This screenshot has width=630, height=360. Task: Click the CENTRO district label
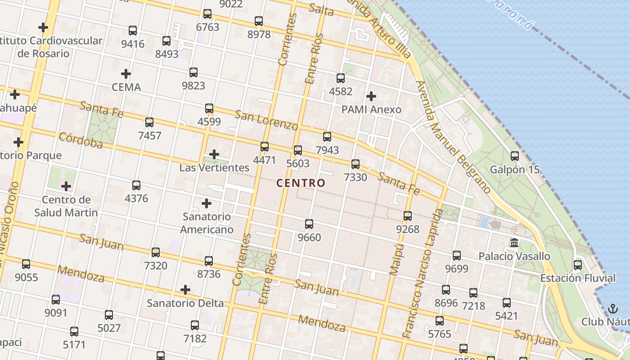(x=300, y=183)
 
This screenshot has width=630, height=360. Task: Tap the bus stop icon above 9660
(x=309, y=224)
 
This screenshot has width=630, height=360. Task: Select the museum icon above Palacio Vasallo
(x=514, y=243)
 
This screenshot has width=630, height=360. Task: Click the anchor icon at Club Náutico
(x=612, y=309)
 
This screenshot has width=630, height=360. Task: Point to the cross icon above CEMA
(x=126, y=74)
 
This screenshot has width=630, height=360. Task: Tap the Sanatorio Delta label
(x=185, y=303)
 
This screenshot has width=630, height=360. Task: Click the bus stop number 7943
(x=327, y=150)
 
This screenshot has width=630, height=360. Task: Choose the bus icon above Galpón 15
(x=514, y=156)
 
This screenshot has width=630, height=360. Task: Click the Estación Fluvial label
(x=578, y=278)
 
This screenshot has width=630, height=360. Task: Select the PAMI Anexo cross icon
(x=371, y=96)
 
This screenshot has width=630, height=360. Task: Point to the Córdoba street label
(x=81, y=140)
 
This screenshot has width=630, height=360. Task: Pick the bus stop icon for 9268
(x=407, y=216)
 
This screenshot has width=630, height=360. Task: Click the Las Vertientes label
(x=214, y=168)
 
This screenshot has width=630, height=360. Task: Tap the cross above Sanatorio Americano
(x=207, y=203)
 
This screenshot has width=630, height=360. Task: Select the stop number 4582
(x=341, y=91)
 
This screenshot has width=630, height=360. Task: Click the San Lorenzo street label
(x=266, y=121)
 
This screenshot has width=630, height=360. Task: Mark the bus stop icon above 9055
(x=26, y=264)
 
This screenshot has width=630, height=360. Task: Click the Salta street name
(x=321, y=10)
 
